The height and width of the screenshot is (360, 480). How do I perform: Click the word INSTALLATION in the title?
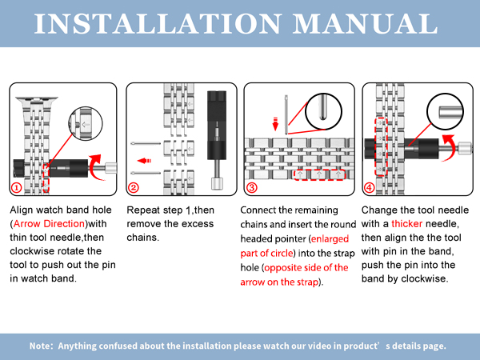(x=158, y=23)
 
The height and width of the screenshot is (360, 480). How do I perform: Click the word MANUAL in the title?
(x=366, y=23)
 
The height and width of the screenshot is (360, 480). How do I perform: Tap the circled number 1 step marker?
(x=17, y=187)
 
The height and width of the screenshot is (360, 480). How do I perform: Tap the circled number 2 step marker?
(x=134, y=187)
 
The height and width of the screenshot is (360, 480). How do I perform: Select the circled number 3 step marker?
(x=252, y=187)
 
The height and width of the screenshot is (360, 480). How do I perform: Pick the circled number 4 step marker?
(x=369, y=187)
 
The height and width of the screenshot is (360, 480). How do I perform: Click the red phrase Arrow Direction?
(x=49, y=224)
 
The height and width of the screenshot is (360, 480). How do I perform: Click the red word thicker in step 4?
(x=407, y=224)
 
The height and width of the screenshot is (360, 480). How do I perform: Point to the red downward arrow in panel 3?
(x=275, y=124)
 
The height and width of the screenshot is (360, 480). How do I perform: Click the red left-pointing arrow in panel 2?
(x=144, y=161)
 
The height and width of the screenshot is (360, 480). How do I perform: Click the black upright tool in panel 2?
(x=217, y=139)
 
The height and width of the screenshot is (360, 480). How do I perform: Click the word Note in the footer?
(x=40, y=346)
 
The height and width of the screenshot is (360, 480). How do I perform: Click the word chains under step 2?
(x=142, y=238)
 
